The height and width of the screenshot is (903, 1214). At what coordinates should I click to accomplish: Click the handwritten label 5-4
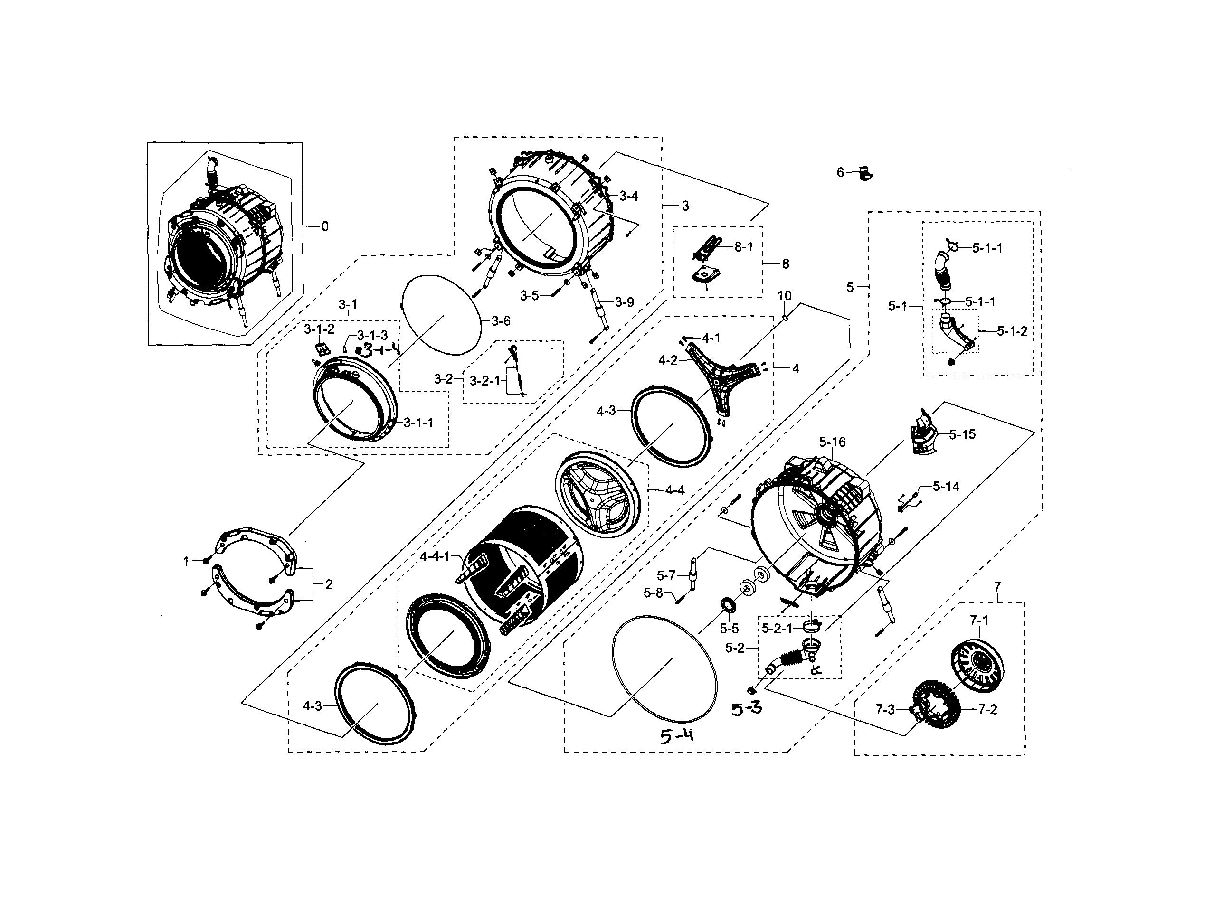[676, 737]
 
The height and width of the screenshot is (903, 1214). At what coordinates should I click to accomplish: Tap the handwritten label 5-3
[747, 708]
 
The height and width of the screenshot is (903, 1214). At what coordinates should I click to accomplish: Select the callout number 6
[840, 173]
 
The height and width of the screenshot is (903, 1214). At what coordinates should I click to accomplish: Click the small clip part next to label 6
[864, 173]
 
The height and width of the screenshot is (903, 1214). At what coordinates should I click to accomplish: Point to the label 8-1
[743, 246]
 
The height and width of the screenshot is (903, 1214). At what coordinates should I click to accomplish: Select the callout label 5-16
[832, 442]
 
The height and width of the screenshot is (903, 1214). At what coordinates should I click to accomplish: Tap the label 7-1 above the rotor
[979, 620]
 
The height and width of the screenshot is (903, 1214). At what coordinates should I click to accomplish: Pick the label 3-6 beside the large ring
[500, 321]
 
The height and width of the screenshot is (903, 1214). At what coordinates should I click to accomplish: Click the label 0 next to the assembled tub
[325, 226]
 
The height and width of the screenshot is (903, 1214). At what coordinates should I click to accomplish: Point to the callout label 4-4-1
[435, 556]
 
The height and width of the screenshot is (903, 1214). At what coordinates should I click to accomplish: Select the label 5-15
[962, 434]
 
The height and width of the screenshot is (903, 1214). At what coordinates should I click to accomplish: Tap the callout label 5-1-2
[1012, 331]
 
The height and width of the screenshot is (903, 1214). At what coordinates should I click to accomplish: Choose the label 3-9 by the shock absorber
[624, 302]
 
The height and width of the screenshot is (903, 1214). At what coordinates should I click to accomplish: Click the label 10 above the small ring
[785, 296]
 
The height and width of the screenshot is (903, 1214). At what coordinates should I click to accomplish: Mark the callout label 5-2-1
[777, 629]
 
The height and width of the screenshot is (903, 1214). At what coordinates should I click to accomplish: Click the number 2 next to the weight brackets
[329, 584]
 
